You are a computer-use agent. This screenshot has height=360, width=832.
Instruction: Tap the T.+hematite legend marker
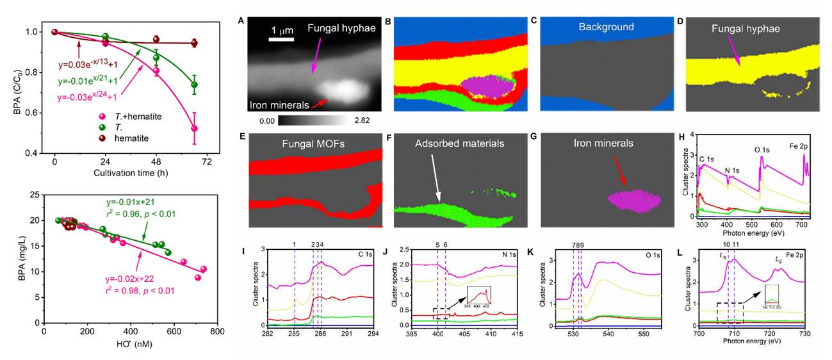[102, 115]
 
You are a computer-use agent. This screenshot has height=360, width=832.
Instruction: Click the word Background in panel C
[606, 27]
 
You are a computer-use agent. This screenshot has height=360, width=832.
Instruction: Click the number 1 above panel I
[294, 244]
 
